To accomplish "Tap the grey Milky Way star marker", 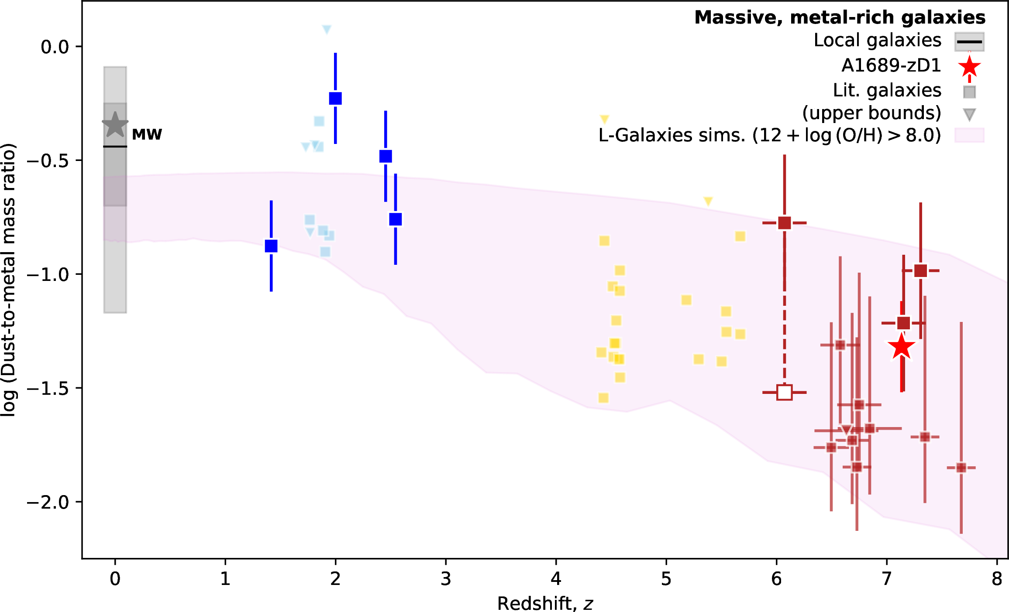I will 115,125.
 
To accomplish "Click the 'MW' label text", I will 147,134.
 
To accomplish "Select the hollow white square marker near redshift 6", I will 785,393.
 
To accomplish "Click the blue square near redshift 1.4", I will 271,246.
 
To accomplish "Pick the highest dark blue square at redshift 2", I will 335,98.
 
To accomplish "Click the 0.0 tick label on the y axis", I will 55,47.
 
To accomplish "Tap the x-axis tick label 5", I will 666,579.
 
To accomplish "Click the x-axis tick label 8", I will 997,579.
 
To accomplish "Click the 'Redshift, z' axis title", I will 545,603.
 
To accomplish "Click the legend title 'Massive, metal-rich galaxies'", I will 840,17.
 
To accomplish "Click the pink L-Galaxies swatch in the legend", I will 969,135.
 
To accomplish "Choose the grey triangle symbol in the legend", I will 969,115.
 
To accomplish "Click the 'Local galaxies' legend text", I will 877,40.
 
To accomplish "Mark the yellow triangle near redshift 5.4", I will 708,201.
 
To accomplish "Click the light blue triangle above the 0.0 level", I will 327,29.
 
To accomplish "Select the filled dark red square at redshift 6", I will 785,223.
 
